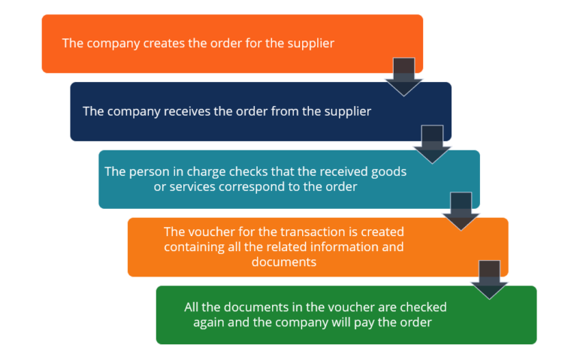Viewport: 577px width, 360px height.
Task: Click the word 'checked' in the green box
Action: [423, 307]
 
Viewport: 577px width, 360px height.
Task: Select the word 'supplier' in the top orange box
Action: [310, 44]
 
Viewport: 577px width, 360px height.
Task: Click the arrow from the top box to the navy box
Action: [404, 76]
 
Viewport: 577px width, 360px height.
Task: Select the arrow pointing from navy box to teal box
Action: [433, 144]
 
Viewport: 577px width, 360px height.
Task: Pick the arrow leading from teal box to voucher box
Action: [461, 211]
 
